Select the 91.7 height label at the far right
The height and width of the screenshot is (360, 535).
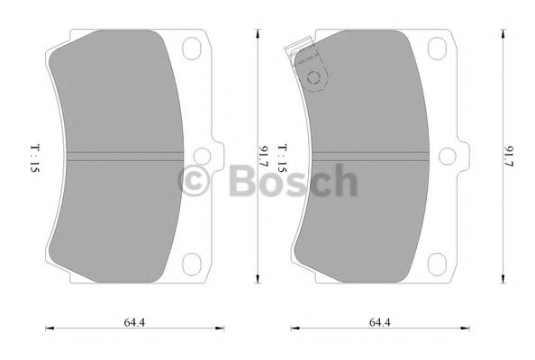click(510, 156)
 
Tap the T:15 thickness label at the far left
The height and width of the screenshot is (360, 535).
click(33, 156)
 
